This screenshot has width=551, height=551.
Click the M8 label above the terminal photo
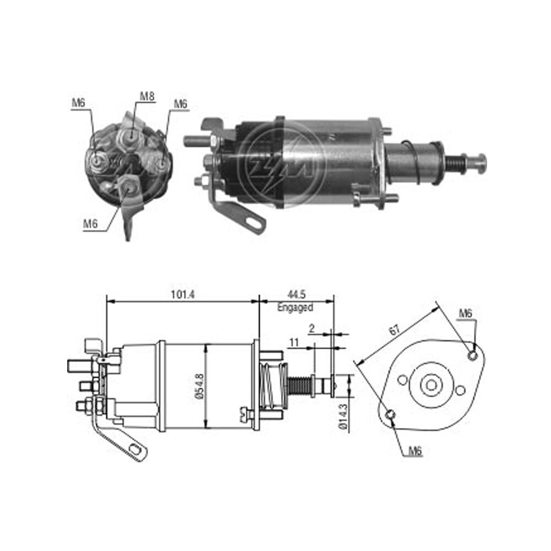click(x=147, y=96)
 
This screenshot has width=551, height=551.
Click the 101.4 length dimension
click(x=183, y=294)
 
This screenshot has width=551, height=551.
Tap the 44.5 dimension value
click(x=296, y=294)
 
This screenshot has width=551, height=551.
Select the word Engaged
click(x=295, y=307)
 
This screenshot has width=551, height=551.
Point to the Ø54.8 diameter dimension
click(x=200, y=386)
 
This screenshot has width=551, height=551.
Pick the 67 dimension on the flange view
click(x=395, y=329)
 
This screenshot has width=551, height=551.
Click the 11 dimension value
click(x=294, y=342)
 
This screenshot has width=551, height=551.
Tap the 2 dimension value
click(x=312, y=328)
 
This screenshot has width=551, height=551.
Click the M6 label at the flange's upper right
click(x=466, y=313)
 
